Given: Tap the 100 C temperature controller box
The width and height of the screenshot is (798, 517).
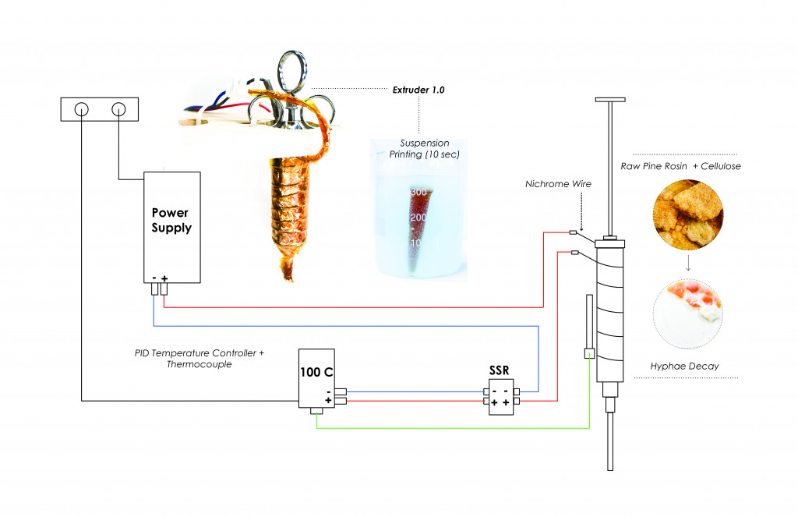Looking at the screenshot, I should [x=317, y=378].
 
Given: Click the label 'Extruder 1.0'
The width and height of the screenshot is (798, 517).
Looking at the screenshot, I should [x=418, y=90].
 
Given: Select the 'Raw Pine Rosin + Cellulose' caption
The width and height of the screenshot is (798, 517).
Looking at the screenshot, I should [x=681, y=166].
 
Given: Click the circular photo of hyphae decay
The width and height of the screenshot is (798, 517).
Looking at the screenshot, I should [x=683, y=313].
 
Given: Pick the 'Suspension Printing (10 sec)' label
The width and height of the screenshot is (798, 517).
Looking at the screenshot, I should [x=425, y=149].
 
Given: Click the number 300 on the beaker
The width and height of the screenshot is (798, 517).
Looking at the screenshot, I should [x=418, y=192].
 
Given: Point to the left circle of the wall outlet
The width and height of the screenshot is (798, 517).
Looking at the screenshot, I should [x=82, y=110].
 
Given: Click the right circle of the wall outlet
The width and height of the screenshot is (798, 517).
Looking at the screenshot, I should [x=118, y=110].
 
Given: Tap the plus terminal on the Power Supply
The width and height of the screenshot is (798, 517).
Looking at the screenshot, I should [x=164, y=290].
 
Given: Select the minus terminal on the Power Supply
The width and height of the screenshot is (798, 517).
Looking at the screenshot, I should [x=154, y=290].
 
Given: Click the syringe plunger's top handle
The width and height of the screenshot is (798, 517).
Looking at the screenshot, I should [x=610, y=100].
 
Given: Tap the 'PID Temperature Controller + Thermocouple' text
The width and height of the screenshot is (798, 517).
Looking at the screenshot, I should [x=199, y=359].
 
